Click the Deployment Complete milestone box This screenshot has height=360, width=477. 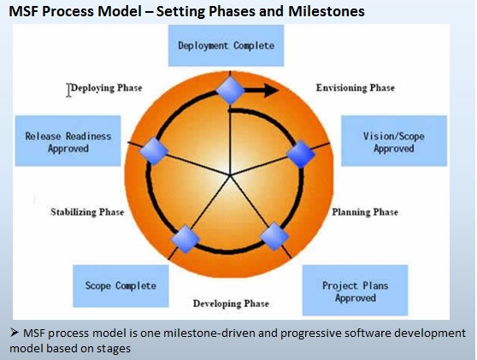click(x=226, y=45)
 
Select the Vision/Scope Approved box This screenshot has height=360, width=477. click(x=394, y=141)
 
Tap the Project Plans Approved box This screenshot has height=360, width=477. click(x=355, y=290)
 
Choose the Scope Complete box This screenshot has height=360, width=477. click(x=121, y=286)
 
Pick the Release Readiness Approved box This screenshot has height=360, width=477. click(x=68, y=141)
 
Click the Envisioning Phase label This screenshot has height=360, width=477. click(x=356, y=88)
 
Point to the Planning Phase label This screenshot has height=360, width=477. click(x=365, y=212)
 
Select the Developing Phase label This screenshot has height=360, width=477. click(x=231, y=304)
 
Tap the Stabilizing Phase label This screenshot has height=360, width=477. click(x=87, y=212)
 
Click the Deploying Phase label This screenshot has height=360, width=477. click(x=107, y=88)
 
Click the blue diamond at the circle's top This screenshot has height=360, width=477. click(x=230, y=91)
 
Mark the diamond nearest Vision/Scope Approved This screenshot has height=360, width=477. click(x=301, y=154)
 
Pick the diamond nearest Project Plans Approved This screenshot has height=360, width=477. click(x=274, y=237)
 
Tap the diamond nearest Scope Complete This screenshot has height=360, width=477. click(x=185, y=239)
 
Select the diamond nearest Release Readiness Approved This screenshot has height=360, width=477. click(x=154, y=151)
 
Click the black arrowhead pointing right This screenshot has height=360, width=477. click(x=271, y=91)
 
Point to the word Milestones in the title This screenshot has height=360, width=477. click(x=327, y=12)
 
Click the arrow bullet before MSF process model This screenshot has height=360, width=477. click(x=15, y=333)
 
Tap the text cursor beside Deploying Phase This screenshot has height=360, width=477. click(x=68, y=90)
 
